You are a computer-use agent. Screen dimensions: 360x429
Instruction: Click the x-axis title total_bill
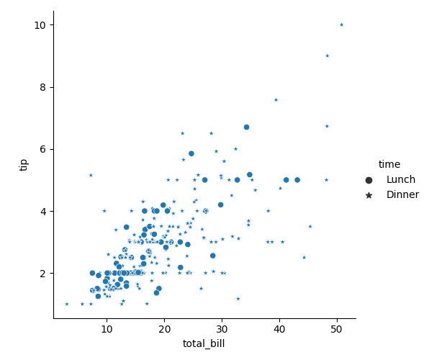204,344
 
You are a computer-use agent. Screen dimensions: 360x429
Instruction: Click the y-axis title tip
23,165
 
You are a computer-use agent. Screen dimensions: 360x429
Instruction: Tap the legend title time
389,164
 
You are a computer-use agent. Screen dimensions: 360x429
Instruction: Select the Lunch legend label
401,179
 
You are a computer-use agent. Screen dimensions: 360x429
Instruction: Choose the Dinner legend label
402,194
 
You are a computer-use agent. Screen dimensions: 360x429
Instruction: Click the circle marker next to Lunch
369,180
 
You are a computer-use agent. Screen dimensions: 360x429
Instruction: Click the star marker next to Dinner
369,195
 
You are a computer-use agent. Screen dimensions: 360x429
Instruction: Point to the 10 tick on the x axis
107,329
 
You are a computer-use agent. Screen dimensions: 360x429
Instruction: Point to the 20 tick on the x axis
164,329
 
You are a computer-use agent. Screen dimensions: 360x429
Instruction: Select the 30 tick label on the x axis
222,329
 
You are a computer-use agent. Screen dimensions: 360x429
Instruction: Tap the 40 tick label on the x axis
279,329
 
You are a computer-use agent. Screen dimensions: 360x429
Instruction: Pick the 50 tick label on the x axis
337,329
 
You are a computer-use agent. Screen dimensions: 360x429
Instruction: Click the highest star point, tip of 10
341,25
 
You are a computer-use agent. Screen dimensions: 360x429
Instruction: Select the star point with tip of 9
327,56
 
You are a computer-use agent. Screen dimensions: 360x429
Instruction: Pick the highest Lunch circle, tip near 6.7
246,127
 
